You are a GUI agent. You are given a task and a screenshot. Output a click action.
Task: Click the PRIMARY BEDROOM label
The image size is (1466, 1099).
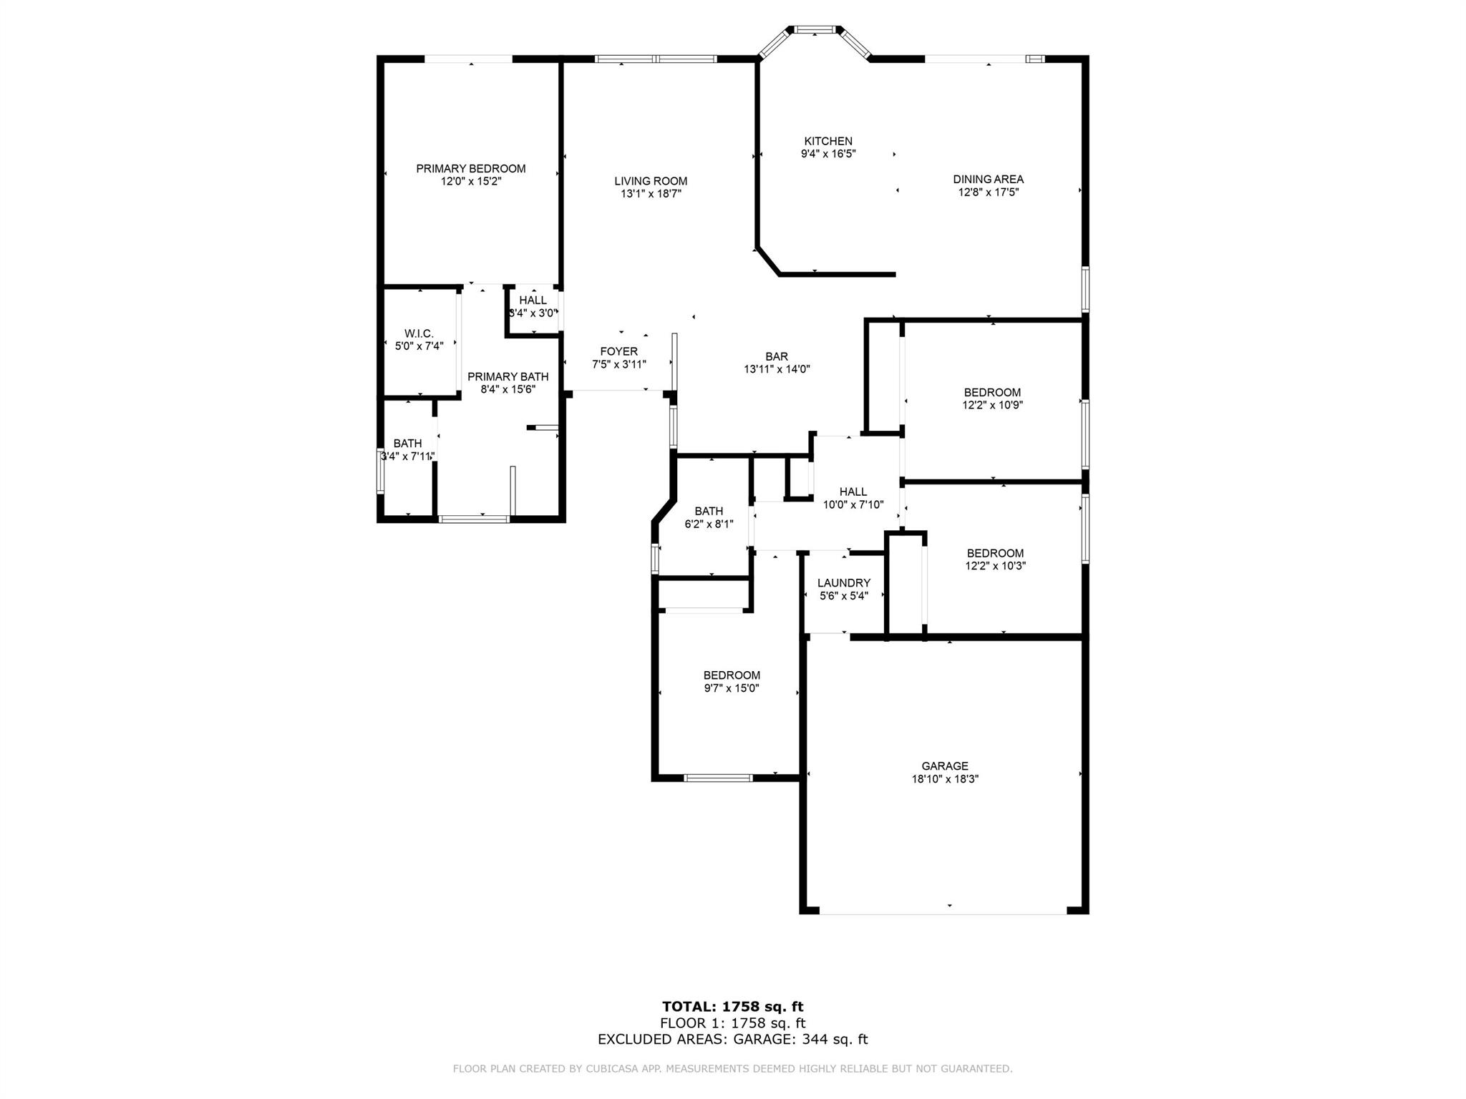(x=471, y=169)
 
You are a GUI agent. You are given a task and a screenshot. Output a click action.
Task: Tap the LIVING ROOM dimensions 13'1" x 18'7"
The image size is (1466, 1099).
(x=651, y=193)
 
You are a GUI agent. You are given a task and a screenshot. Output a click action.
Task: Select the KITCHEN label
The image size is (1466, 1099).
(x=828, y=142)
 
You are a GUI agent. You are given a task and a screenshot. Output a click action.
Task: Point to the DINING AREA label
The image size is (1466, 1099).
(x=988, y=180)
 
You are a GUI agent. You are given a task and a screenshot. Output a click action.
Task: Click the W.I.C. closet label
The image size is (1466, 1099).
(x=419, y=333)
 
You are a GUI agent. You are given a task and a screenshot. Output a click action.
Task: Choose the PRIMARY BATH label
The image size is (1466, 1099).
(x=508, y=377)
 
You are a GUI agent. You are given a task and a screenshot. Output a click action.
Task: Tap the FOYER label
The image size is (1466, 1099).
(x=618, y=351)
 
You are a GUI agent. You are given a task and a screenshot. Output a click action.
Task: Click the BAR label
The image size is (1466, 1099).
(x=777, y=356)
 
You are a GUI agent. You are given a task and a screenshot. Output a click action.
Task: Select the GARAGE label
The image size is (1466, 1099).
(x=945, y=766)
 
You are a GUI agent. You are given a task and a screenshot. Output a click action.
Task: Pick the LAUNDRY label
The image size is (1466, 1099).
(x=844, y=583)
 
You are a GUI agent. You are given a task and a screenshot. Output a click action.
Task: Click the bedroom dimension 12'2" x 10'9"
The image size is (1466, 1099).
(x=992, y=405)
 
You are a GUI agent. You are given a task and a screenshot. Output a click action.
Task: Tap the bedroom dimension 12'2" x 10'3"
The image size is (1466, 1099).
(x=995, y=566)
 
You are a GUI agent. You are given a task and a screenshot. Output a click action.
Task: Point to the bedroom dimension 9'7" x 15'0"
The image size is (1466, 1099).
(x=732, y=688)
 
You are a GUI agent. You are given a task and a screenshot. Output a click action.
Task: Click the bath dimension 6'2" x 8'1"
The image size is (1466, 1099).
(x=709, y=524)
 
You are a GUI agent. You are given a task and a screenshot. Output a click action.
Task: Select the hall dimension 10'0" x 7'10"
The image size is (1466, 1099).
(x=853, y=504)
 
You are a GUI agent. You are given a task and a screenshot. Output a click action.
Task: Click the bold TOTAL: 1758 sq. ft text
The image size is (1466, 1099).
(x=732, y=1007)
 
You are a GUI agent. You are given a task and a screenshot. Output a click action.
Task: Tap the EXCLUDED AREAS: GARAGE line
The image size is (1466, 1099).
(x=732, y=1040)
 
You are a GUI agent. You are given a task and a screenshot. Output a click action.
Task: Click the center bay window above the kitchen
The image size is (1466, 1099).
(x=815, y=30)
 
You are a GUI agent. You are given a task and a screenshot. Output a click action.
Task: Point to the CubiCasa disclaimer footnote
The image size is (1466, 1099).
(x=732, y=1069)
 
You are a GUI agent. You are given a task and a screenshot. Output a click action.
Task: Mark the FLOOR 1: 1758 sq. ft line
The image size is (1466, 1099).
(x=732, y=1024)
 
